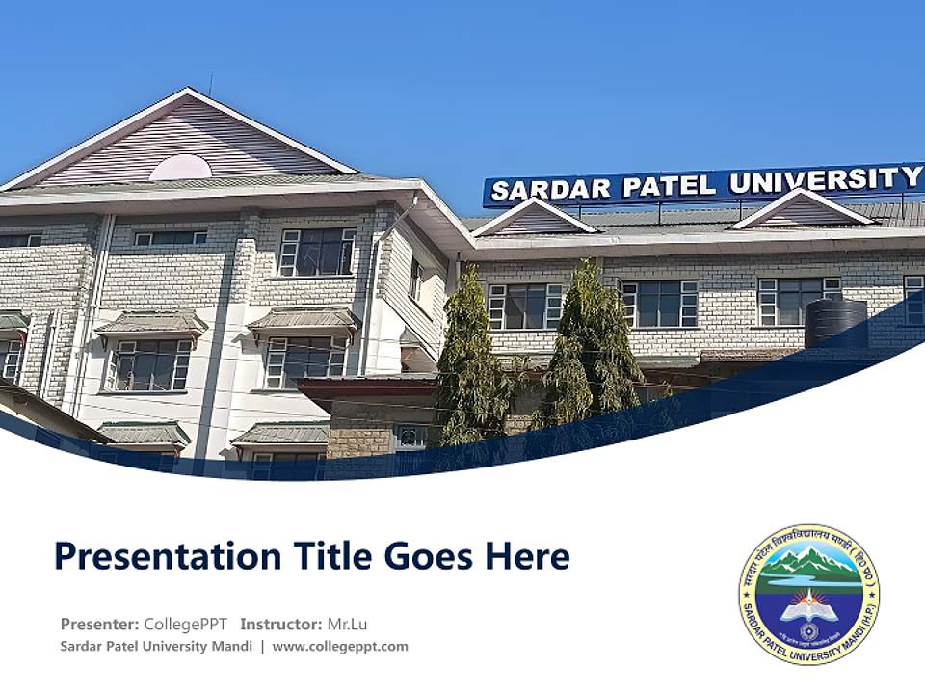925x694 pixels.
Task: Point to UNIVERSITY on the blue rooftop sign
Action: (825, 180)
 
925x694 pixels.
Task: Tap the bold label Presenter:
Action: (100, 624)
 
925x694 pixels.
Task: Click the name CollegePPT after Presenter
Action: (186, 624)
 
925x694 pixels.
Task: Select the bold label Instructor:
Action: (281, 624)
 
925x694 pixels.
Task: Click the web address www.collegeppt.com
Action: (340, 646)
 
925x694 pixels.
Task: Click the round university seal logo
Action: (809, 594)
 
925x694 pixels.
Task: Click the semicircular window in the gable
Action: (180, 168)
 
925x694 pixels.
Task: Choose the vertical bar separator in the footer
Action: (262, 646)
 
